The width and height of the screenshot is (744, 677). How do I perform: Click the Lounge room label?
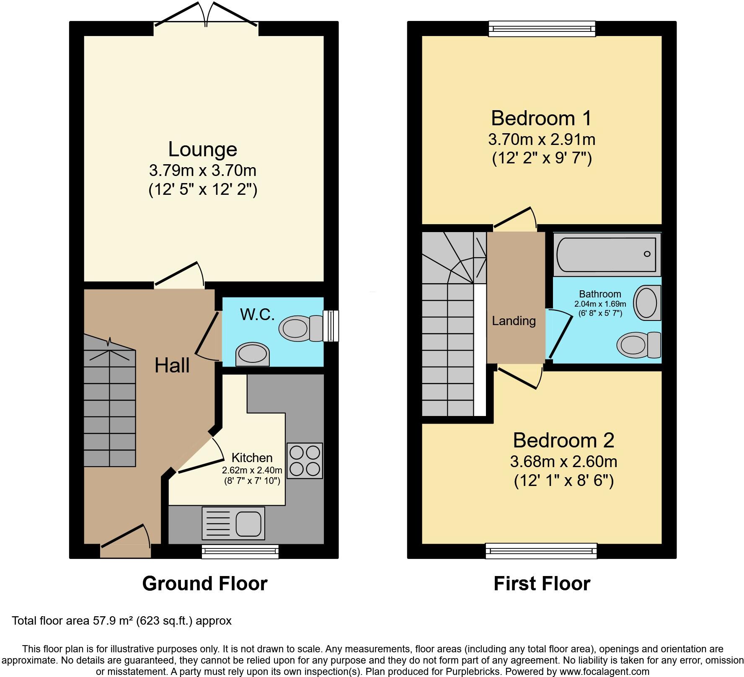pyautogui.click(x=203, y=149)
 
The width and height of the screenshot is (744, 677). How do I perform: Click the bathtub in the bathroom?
pyautogui.click(x=606, y=255)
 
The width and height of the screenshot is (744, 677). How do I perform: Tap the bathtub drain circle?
pyautogui.click(x=647, y=254)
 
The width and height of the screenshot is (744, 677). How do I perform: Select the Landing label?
pyautogui.click(x=514, y=321)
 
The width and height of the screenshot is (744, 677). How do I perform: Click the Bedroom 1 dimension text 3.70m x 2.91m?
pyautogui.click(x=542, y=139)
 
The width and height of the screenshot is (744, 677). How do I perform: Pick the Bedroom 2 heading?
pyautogui.click(x=563, y=440)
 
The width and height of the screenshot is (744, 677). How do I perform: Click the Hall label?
pyautogui.click(x=172, y=365)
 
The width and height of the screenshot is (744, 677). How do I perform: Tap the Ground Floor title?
pyautogui.click(x=204, y=584)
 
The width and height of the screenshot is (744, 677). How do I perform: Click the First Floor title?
pyautogui.click(x=542, y=584)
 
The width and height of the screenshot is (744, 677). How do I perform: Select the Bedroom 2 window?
pyautogui.click(x=541, y=551)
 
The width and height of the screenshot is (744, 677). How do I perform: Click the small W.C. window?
pyautogui.click(x=331, y=326)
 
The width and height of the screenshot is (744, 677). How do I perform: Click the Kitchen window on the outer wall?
pyautogui.click(x=240, y=552)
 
